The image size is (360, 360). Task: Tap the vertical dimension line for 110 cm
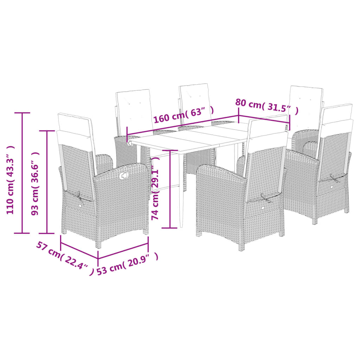(22, 173)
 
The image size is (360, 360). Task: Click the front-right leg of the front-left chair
(146, 231)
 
